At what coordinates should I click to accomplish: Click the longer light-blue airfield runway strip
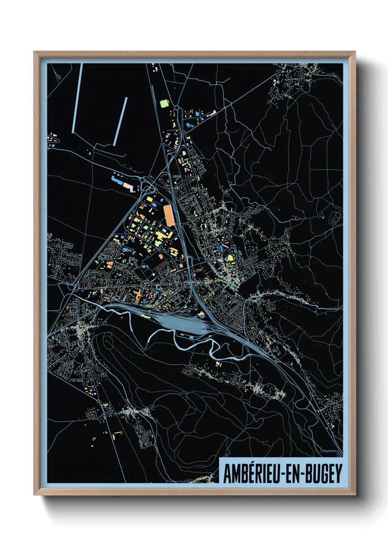tap(77, 98)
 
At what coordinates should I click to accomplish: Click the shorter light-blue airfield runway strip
tap(120, 121)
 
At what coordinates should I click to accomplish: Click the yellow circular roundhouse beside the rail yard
tap(201, 315)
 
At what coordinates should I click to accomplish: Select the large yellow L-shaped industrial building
tap(161, 236)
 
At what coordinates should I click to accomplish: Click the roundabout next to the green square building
tap(176, 108)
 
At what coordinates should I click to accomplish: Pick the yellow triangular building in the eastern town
tap(230, 258)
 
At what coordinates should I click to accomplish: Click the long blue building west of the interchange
tap(117, 180)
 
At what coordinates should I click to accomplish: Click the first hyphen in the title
tap(282, 475)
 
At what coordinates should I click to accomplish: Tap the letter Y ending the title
tap(338, 474)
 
